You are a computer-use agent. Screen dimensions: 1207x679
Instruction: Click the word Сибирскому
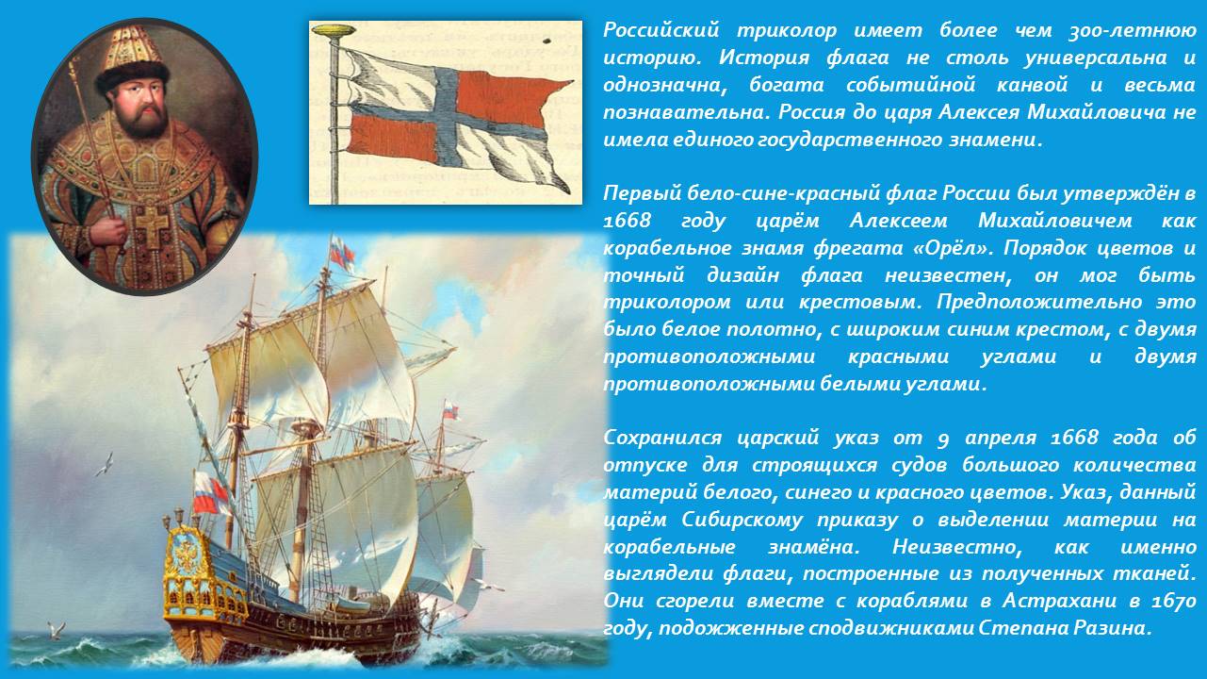click(742, 520)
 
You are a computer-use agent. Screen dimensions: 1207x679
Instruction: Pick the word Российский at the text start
click(661, 30)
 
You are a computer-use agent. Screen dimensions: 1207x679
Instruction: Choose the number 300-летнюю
click(1133, 31)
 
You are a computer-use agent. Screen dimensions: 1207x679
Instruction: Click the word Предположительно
click(1038, 303)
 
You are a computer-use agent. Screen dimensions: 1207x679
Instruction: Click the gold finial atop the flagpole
click(334, 30)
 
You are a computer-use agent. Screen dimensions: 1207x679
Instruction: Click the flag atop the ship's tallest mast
click(342, 254)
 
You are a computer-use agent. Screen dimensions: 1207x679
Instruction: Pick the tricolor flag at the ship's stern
click(209, 492)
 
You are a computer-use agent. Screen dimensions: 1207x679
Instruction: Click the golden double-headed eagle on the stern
click(187, 555)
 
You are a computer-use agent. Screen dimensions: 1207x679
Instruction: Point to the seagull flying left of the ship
click(105, 464)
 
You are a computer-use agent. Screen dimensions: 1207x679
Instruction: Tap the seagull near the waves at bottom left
click(56, 630)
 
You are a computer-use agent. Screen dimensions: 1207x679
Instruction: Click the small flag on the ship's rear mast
click(450, 411)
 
